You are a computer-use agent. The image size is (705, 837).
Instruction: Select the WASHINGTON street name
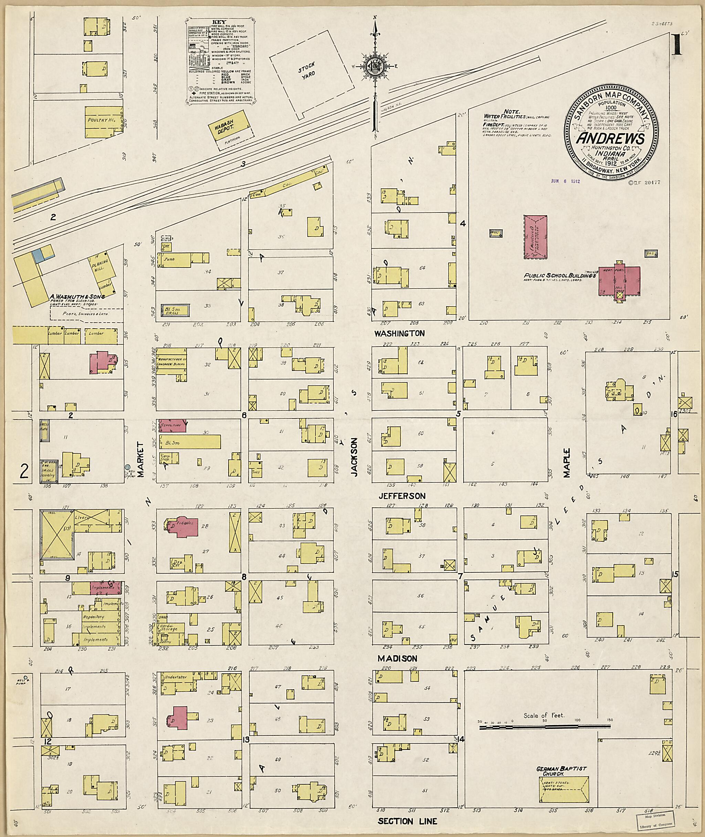pos(399,333)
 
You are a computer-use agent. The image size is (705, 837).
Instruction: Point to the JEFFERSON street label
pos(402,496)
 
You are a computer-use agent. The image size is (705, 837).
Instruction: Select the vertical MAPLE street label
pos(567,463)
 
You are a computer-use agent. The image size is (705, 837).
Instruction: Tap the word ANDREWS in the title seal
pos(610,138)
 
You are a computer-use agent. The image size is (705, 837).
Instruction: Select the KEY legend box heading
pos(218,23)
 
